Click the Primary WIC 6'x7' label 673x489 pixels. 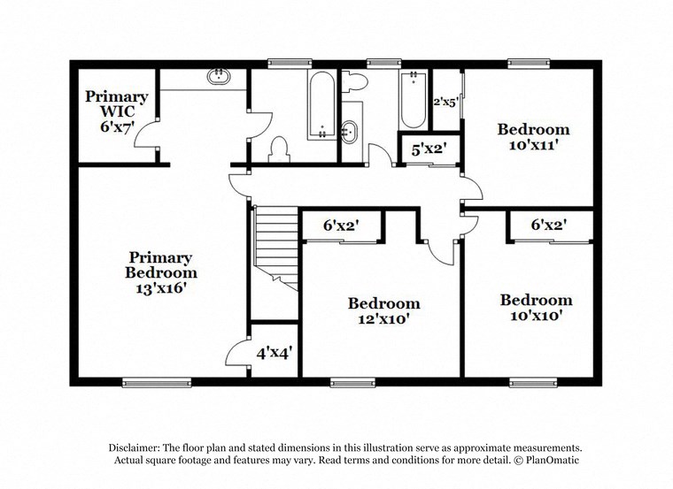click(x=116, y=111)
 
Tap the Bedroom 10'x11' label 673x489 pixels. click(x=532, y=137)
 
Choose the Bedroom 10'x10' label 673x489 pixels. click(x=535, y=307)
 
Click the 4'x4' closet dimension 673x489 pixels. click(x=275, y=352)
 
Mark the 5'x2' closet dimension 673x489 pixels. click(x=429, y=149)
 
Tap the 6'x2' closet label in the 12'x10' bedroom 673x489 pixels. click(x=340, y=225)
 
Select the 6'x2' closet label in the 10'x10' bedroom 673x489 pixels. click(x=548, y=225)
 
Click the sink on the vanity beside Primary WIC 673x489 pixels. click(x=218, y=78)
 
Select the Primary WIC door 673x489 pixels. click(x=151, y=139)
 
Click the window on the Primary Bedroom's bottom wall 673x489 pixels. click(x=144, y=383)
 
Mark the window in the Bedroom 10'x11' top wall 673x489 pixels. click(x=529, y=63)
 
